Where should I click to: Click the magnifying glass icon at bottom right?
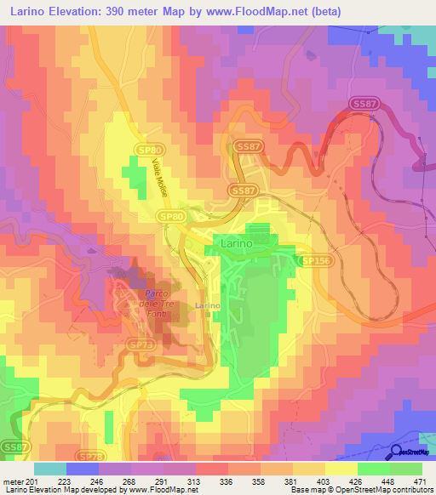pyautogui.click(x=397, y=453)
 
